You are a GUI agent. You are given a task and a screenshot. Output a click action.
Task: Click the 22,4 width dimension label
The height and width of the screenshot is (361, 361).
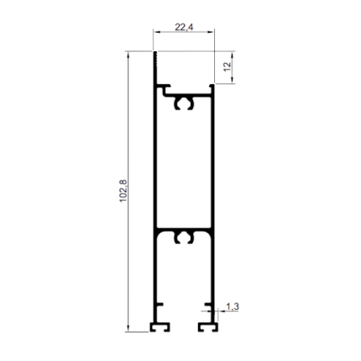click(x=184, y=27)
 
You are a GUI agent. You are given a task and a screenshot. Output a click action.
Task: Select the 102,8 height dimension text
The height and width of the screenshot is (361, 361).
click(x=123, y=191)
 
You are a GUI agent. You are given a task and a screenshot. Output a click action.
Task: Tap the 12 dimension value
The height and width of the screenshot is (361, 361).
click(x=228, y=66)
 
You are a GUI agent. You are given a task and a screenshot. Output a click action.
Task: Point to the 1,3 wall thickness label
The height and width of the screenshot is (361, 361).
click(x=233, y=306)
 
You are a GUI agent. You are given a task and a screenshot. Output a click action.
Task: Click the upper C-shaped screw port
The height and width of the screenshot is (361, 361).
click(x=184, y=103)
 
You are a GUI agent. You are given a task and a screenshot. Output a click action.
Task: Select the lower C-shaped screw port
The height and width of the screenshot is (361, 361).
click(x=184, y=237)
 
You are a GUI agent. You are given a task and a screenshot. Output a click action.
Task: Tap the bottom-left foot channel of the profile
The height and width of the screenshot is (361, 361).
click(x=160, y=327)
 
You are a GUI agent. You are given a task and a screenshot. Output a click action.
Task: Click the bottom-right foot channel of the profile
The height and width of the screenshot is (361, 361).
click(x=208, y=327)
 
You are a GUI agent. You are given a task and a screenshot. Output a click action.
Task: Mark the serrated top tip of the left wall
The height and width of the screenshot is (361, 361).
click(x=155, y=59)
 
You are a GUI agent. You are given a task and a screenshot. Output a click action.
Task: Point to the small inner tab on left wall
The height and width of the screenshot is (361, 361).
click(x=160, y=304)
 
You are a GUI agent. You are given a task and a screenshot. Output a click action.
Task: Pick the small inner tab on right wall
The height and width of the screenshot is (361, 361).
click(x=208, y=304)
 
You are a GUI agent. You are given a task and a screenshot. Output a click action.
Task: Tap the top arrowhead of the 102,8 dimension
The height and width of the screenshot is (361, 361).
click(x=128, y=55)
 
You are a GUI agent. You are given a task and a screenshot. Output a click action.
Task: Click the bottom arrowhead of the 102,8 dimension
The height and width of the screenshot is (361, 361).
click(x=128, y=328)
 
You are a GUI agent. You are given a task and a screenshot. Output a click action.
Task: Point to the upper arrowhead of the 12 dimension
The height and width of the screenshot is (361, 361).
click(x=233, y=55)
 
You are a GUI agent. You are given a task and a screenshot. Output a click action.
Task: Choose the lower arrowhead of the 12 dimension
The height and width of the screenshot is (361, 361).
click(x=233, y=80)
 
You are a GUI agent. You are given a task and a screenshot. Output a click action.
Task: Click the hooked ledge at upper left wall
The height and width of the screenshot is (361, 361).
click(x=164, y=87)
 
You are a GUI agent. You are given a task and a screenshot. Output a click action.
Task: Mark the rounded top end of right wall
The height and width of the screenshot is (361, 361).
click(x=212, y=86)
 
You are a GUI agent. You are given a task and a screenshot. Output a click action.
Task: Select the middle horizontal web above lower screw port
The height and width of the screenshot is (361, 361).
click(x=184, y=229)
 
